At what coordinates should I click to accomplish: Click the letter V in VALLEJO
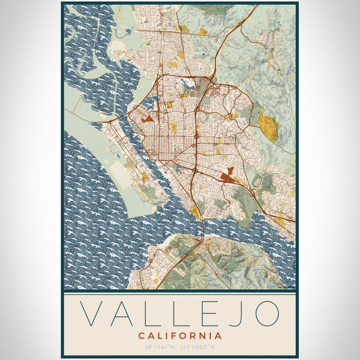click(x=92, y=314)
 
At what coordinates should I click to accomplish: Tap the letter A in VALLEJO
click(x=125, y=314)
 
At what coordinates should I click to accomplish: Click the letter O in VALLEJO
click(x=266, y=314)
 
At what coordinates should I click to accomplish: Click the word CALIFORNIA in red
click(x=179, y=335)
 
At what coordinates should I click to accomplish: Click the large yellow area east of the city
click(x=268, y=127)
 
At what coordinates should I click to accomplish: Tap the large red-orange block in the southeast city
click(x=227, y=176)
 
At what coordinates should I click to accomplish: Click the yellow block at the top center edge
click(x=202, y=31)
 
